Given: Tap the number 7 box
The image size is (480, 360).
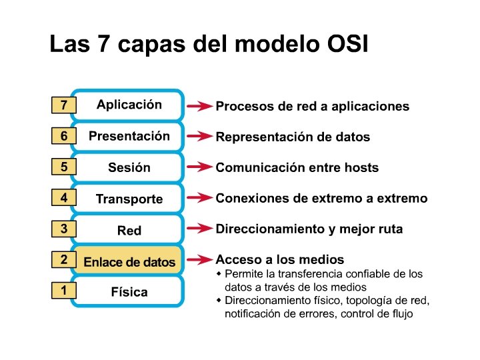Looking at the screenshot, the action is [x=63, y=105].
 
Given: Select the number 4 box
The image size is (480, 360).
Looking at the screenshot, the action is [x=63, y=198].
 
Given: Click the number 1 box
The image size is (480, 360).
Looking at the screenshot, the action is [x=63, y=291].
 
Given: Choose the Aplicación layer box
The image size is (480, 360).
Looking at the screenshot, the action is [x=129, y=105].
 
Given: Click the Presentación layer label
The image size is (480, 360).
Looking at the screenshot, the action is [x=129, y=136].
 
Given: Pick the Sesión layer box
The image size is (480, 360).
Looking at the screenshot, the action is [x=129, y=167].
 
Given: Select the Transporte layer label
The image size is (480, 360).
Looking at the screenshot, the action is [x=129, y=199].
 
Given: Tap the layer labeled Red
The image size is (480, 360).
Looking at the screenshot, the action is [x=129, y=231].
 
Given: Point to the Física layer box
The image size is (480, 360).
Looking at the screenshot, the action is [x=129, y=292].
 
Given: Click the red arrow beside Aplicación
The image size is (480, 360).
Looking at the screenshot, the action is [x=199, y=106].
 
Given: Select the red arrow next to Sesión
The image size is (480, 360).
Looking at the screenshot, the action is [x=199, y=167].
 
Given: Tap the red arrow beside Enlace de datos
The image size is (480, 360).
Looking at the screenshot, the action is [x=199, y=259].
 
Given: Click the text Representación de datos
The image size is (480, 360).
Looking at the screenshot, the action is [x=293, y=137].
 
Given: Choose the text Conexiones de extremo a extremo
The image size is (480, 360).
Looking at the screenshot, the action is [x=321, y=198].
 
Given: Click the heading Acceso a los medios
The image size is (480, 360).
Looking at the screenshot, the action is [x=280, y=259].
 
